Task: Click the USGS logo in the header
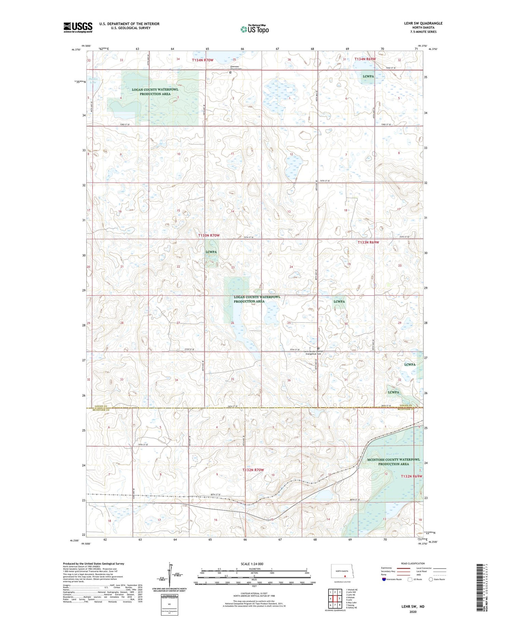click(78, 27)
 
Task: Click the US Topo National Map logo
click(255, 29)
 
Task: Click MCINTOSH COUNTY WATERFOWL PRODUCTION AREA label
click(393, 462)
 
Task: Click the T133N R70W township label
click(209, 236)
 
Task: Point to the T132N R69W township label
click(411, 476)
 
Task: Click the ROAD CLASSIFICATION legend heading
click(413, 563)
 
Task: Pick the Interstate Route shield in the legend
click(384, 579)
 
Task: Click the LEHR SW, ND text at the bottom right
click(413, 607)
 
